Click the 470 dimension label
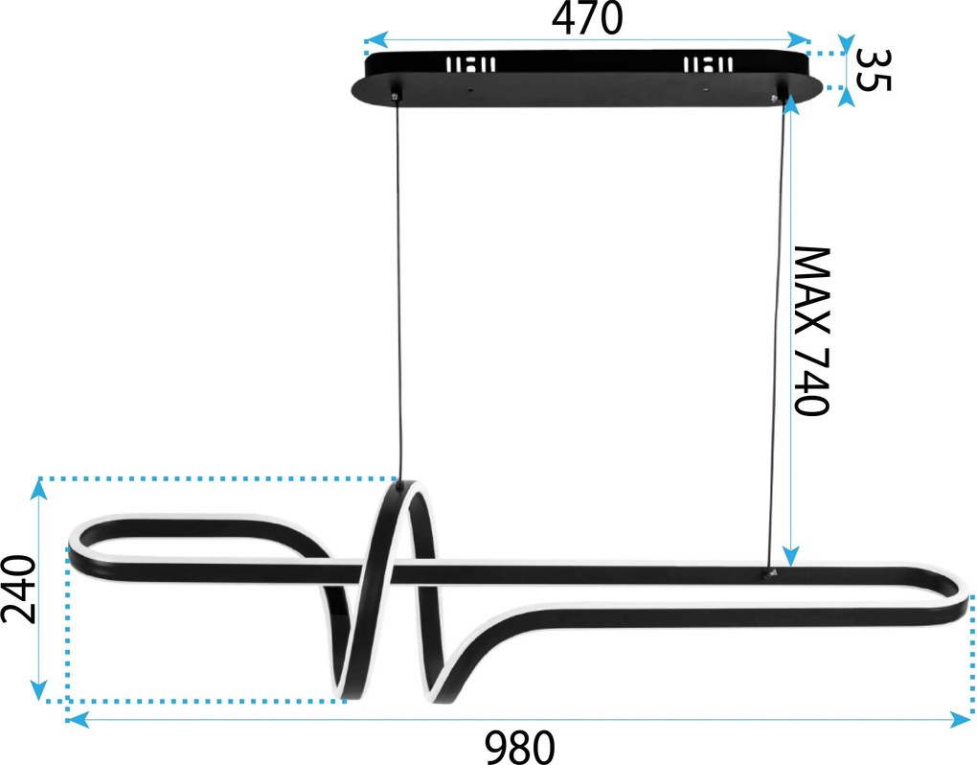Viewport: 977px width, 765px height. (587, 19)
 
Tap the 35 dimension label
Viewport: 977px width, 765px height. (874, 70)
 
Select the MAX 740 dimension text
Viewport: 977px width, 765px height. (811, 331)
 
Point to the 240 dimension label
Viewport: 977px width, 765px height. (18, 589)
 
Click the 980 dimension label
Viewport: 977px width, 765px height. (520, 746)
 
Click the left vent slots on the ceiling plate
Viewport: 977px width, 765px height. (471, 64)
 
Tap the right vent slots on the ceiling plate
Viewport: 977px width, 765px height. (708, 64)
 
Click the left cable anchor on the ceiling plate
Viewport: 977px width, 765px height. (395, 96)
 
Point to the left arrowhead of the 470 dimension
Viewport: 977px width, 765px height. (375, 40)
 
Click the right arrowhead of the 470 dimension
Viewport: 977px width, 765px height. (798, 40)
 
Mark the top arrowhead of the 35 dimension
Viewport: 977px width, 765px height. (846, 45)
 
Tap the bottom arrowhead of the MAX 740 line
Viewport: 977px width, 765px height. (790, 555)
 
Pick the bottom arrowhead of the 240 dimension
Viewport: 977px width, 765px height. (39, 689)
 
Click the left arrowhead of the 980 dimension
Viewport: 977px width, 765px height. (78, 720)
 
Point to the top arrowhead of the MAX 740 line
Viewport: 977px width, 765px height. (790, 104)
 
